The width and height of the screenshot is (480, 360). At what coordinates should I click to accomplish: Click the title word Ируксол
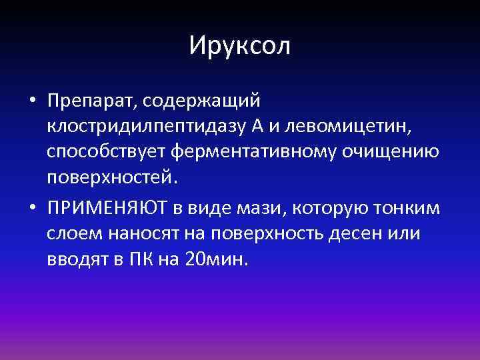[240, 45]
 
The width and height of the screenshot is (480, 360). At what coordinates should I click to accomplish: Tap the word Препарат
[89, 101]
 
